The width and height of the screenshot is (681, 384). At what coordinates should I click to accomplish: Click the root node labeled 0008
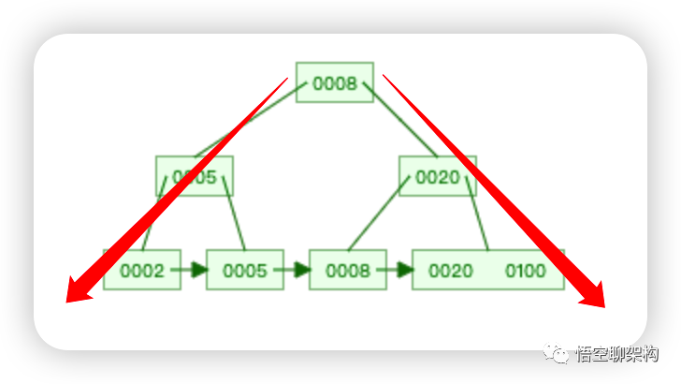(334, 83)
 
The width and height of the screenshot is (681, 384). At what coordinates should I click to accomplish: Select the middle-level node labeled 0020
(437, 176)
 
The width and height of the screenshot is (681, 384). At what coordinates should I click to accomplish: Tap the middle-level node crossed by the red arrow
(195, 176)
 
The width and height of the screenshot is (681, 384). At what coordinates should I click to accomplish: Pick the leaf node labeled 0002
(141, 271)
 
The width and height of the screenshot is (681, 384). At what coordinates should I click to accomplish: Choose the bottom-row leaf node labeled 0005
(244, 271)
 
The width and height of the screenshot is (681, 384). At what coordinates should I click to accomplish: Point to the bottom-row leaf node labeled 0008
(347, 271)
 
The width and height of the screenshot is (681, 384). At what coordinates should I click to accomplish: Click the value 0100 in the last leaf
(526, 271)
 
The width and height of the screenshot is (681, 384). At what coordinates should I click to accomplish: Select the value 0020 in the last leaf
(450, 271)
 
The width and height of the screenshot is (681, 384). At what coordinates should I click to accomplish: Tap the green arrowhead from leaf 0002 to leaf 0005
(198, 271)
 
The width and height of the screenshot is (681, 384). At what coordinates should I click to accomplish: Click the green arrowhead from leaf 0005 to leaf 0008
(301, 271)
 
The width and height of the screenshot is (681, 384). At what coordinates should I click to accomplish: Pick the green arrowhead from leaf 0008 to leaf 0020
(404, 271)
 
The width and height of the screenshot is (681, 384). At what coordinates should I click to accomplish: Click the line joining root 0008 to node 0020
(400, 120)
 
